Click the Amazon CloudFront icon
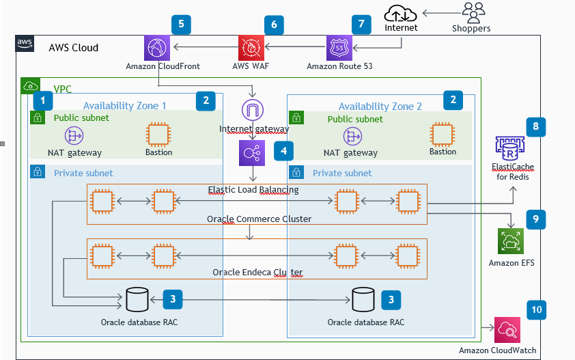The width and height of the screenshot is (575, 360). pyautogui.click(x=158, y=48)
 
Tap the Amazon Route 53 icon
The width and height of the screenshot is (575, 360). pyautogui.click(x=339, y=48)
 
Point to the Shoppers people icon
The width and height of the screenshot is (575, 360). pyautogui.click(x=471, y=12)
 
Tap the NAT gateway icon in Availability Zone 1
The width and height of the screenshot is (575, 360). pyautogui.click(x=74, y=135)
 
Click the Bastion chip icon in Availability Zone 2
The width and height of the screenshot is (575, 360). pyautogui.click(x=443, y=134)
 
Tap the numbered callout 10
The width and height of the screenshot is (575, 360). pyautogui.click(x=536, y=309)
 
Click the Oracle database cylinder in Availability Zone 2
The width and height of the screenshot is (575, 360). pyautogui.click(x=363, y=298)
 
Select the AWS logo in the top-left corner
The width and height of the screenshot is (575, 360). pyautogui.click(x=25, y=44)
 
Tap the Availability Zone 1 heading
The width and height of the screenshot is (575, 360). pyautogui.click(x=124, y=105)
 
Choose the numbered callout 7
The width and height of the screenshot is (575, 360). pyautogui.click(x=362, y=24)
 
